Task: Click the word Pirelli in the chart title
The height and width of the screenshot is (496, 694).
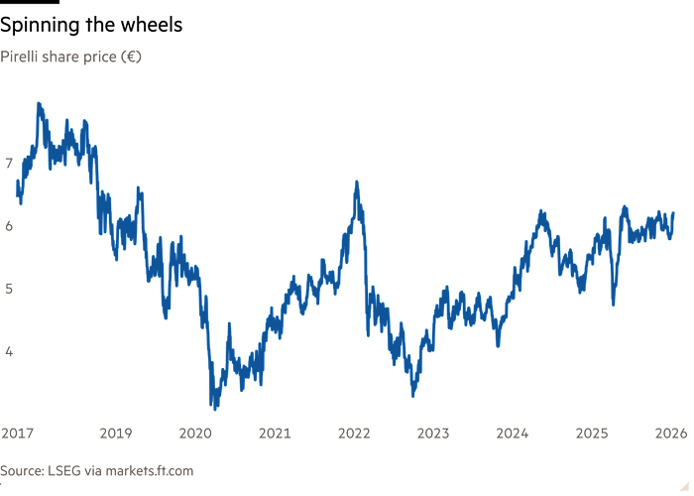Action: click(x=20, y=58)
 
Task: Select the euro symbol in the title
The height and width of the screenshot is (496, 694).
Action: click(x=132, y=58)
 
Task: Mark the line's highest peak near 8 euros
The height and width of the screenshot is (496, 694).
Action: click(x=39, y=103)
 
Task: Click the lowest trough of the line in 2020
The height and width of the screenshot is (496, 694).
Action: click(x=213, y=406)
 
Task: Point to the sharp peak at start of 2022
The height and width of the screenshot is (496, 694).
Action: click(x=356, y=183)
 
